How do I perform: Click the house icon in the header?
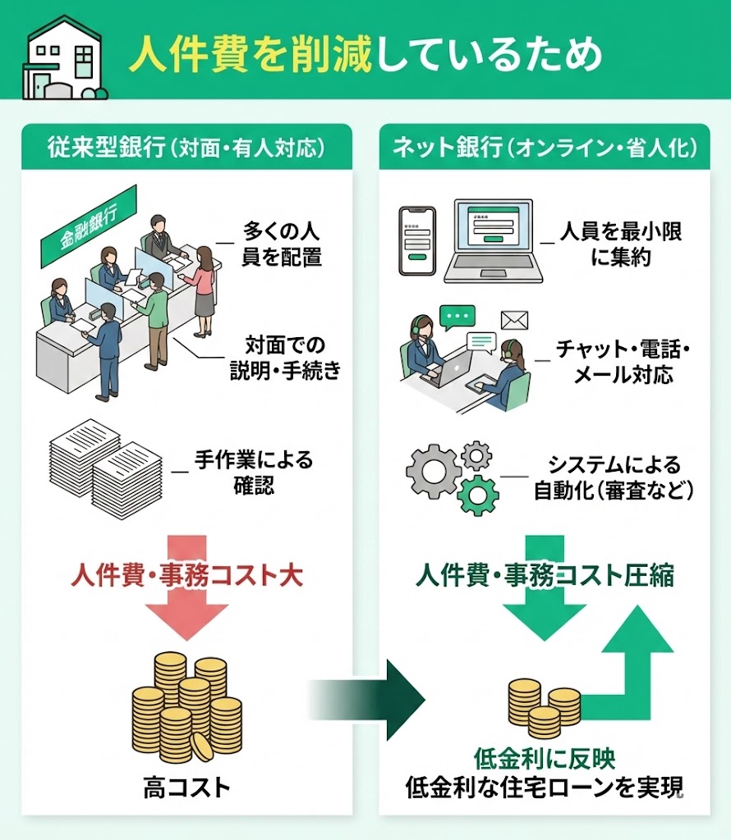tap(64, 57)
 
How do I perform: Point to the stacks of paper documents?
tap(105, 463)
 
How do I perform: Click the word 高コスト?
tap(186, 788)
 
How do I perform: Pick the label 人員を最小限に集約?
tap(620, 244)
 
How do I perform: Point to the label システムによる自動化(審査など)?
tap(614, 477)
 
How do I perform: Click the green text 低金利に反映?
tap(545, 757)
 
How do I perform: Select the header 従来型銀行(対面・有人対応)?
tap(186, 148)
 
